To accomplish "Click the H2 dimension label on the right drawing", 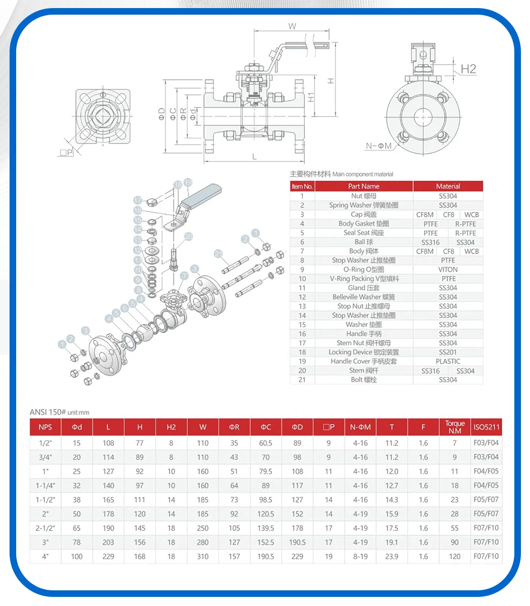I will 468,69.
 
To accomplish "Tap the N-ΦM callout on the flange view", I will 379,146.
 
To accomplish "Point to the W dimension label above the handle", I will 292,26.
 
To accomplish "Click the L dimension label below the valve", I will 254,157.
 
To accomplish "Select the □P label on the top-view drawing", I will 66,152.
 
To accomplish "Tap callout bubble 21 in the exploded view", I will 219,254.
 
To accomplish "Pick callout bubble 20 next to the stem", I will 189,236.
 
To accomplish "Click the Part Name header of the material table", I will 363,186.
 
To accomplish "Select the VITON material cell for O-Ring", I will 448,269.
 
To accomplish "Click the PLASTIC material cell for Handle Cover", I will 448,361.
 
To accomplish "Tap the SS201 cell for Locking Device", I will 448,352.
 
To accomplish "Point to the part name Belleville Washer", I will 363,297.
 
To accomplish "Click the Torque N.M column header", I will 454,427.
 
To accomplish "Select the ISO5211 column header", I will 486,427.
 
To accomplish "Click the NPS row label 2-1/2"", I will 45,528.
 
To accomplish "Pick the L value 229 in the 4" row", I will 108,556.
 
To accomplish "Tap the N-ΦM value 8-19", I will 360,556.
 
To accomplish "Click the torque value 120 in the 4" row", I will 454,556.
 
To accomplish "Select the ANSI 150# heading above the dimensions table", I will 48,412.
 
